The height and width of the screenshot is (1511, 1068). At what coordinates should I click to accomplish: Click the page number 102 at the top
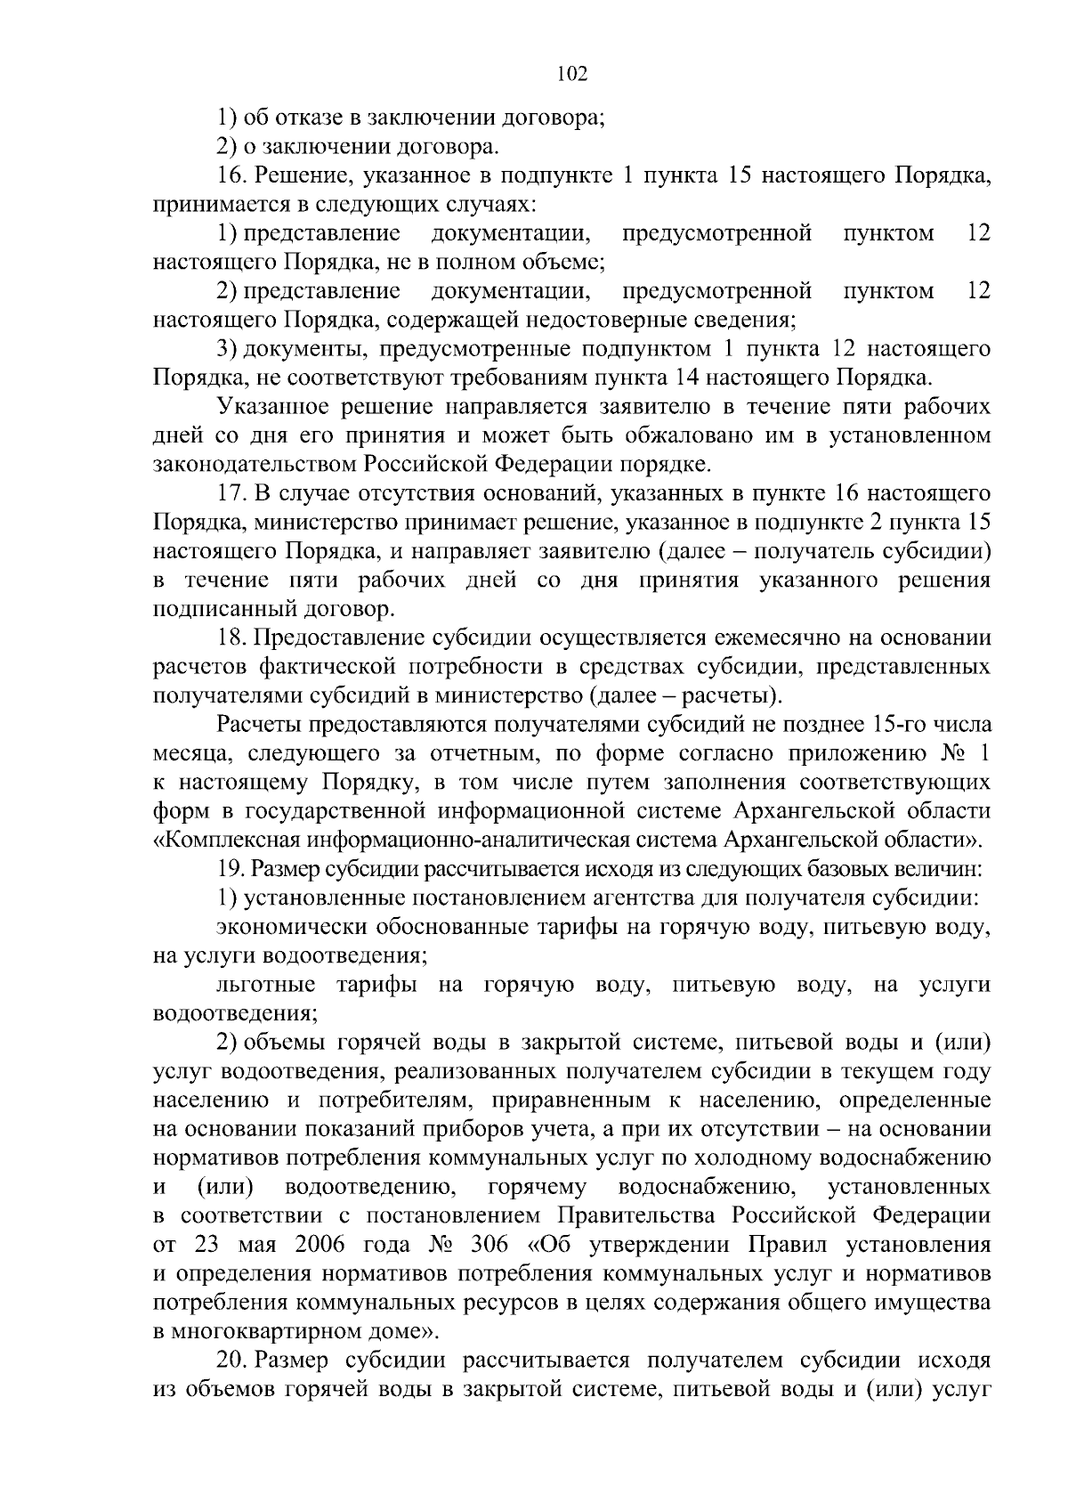coord(572,75)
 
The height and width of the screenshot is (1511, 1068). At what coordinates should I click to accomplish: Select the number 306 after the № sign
coord(490,1245)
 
